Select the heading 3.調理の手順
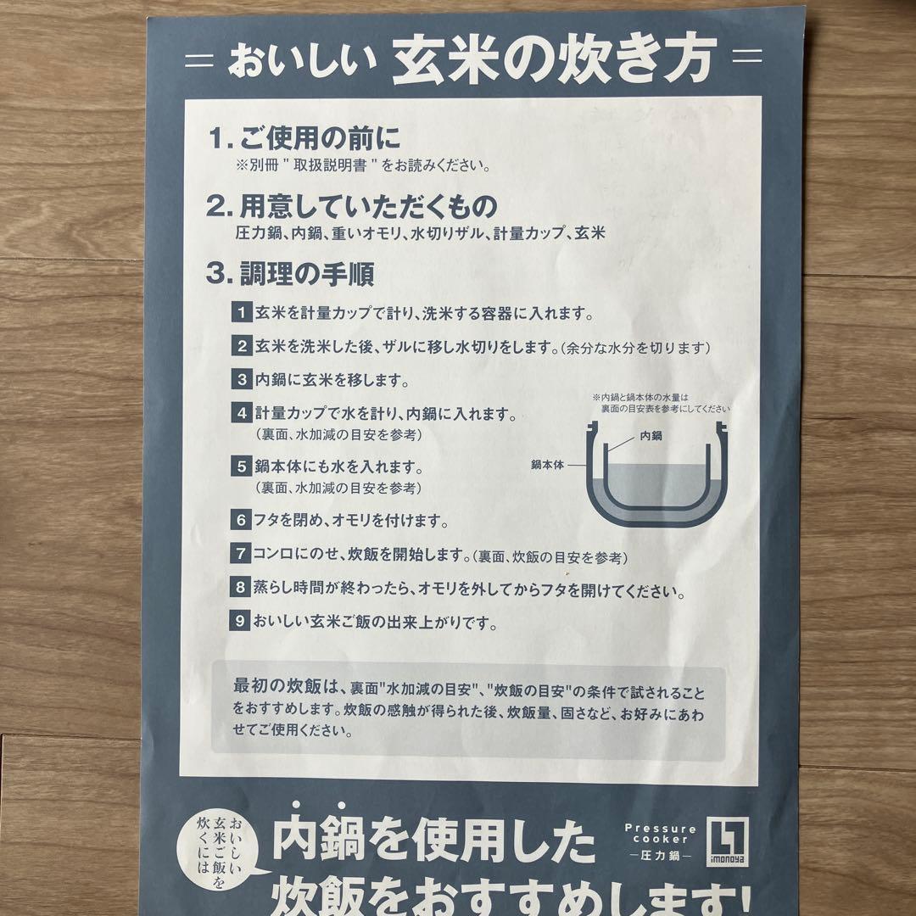coord(290,274)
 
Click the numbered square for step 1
coord(242,312)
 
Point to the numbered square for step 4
coord(242,415)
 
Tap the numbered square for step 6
coord(242,518)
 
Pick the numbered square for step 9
coord(242,622)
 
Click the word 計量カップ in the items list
coord(528,232)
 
